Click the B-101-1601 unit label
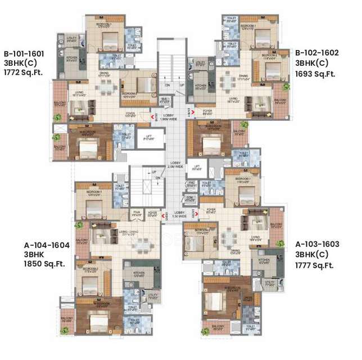click(x=23, y=53)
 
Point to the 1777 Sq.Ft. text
click(x=315, y=265)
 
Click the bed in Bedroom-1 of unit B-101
click(x=107, y=40)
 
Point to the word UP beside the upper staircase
click(x=182, y=85)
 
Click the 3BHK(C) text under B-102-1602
click(x=316, y=63)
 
